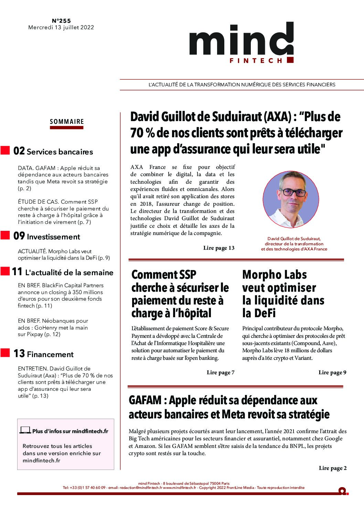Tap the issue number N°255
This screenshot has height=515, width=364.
click(61, 21)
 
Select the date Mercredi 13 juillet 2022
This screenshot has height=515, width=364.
click(61, 28)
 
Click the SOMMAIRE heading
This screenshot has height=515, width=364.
click(67, 122)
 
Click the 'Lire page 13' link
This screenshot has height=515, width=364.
click(219, 248)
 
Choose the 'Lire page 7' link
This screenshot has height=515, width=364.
click(221, 373)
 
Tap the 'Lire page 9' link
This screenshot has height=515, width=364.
click(332, 373)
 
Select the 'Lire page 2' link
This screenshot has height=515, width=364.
click(333, 468)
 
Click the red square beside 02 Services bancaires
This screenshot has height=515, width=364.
click(5, 150)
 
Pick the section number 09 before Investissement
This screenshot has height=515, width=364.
click(19, 236)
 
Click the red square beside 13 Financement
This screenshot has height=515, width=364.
click(5, 353)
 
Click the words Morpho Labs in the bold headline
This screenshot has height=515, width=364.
click(275, 275)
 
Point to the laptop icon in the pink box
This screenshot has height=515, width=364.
click(25, 430)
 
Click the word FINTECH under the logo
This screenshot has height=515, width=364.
click(256, 61)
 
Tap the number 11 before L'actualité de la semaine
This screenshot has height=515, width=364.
click(17, 272)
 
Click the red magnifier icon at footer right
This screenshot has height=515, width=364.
click(342, 491)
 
